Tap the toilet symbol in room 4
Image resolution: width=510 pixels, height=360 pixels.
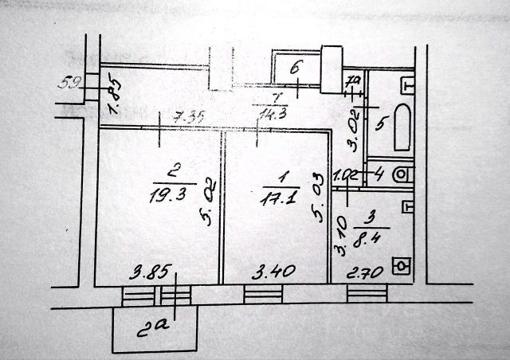pyautogui.click(x=404, y=174)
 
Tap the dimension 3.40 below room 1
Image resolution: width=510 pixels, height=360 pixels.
pyautogui.click(x=275, y=273)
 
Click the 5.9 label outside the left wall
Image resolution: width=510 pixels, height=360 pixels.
pyautogui.click(x=71, y=80)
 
